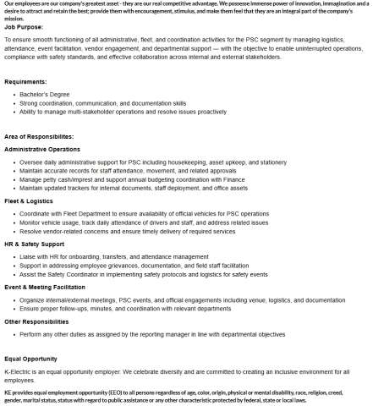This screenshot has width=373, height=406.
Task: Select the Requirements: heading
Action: (27, 81)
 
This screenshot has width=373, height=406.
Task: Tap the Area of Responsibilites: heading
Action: (39, 136)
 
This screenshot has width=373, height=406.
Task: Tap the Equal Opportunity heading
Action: (32, 359)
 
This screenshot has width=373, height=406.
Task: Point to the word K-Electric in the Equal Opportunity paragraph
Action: (19, 371)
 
